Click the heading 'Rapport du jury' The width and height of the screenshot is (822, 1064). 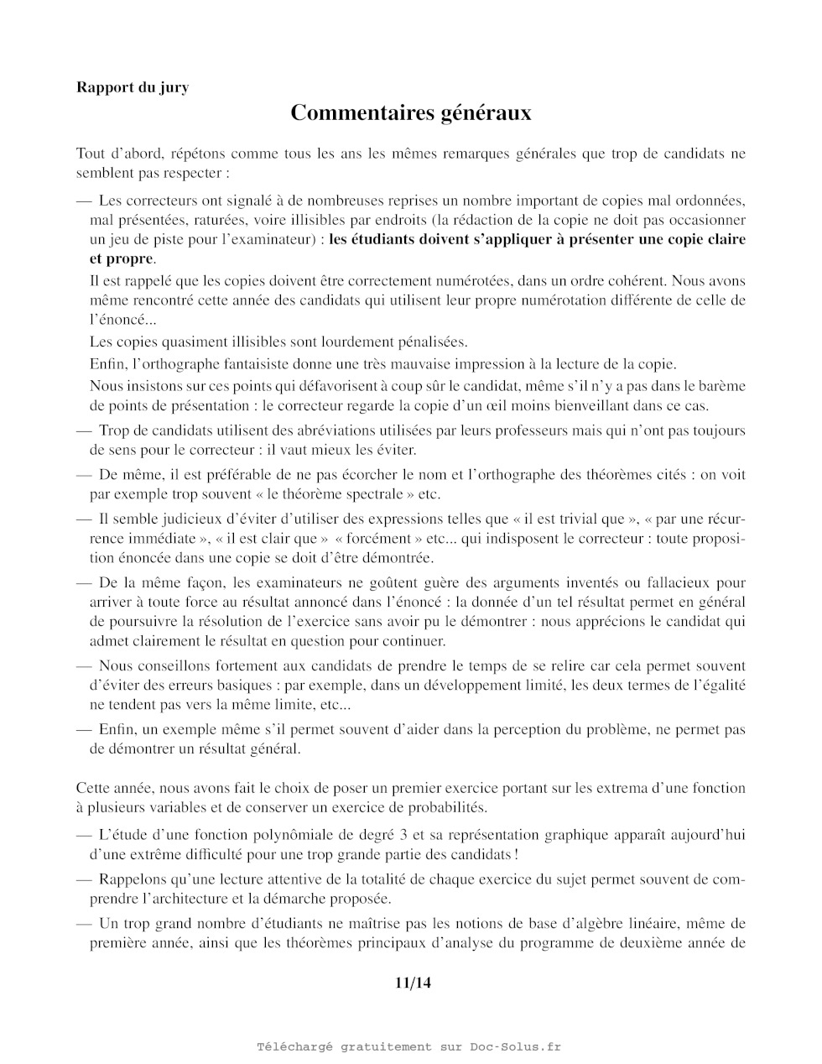tap(133, 86)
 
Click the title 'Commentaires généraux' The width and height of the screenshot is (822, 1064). tap(411, 113)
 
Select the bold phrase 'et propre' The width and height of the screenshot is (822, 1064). tap(121, 258)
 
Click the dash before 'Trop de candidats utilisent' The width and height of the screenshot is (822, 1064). tap(83, 430)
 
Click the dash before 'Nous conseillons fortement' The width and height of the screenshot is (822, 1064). tap(83, 666)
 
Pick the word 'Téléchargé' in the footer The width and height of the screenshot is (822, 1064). tap(294, 1046)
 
